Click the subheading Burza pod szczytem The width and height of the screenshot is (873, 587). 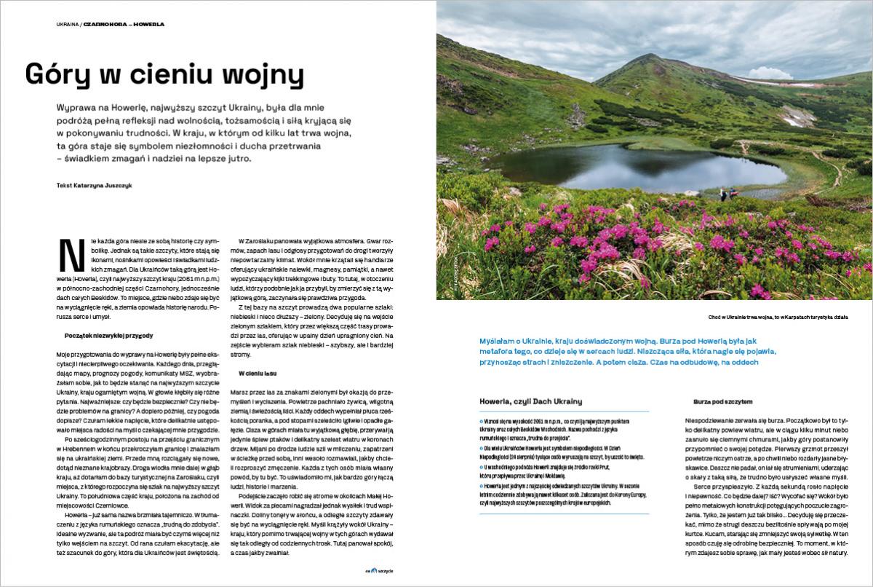point(722,401)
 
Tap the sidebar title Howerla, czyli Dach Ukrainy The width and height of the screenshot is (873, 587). point(531,401)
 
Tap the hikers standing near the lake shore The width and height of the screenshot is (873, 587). point(727,194)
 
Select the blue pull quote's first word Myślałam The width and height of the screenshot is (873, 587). point(499,342)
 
